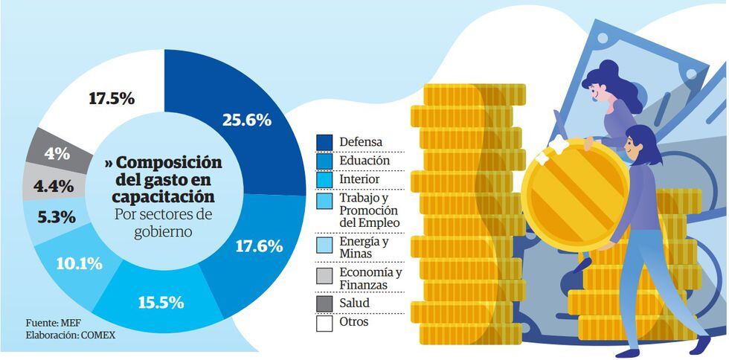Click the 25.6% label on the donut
click(x=246, y=120)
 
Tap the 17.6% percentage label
click(x=258, y=246)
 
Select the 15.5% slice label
click(x=161, y=303)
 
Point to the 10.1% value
click(x=78, y=263)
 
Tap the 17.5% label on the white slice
click(x=111, y=97)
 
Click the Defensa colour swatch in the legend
click(x=324, y=141)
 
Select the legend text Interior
click(x=359, y=179)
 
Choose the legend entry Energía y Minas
click(x=364, y=248)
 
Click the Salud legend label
click(x=354, y=303)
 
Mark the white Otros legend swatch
click(x=324, y=324)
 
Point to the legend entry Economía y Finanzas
click(x=370, y=278)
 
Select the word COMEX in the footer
click(x=97, y=335)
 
